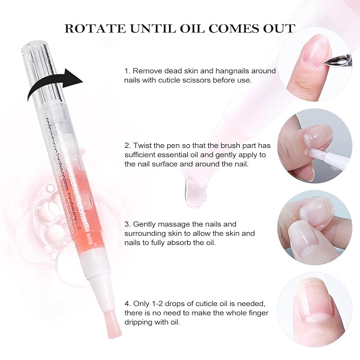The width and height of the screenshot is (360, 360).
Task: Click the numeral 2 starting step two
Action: click(x=127, y=145)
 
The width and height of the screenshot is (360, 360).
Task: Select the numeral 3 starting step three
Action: click(x=127, y=224)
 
